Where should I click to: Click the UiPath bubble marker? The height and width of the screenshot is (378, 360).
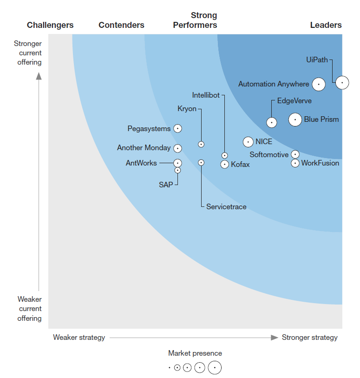(x=342, y=82)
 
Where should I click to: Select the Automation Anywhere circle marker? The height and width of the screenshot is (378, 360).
(x=319, y=84)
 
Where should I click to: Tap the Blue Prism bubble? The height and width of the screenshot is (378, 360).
(x=295, y=119)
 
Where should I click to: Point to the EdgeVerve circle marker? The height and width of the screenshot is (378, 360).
(x=272, y=122)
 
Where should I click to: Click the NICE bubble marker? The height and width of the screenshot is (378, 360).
(x=248, y=142)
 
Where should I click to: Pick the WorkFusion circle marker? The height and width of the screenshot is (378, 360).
(x=295, y=163)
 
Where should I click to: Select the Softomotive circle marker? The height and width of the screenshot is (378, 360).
(x=295, y=154)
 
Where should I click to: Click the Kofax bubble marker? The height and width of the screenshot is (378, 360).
(x=225, y=164)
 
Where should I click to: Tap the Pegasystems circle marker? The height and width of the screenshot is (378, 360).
(x=177, y=128)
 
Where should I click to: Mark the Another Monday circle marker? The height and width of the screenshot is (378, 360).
(x=177, y=148)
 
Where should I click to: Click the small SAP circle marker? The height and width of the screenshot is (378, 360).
(x=177, y=170)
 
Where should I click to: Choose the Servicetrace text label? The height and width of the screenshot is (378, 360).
(x=226, y=206)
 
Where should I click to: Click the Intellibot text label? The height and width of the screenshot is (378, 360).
(x=206, y=95)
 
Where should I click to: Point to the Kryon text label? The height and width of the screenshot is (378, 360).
(x=187, y=109)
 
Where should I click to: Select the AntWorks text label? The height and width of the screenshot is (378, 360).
(x=141, y=163)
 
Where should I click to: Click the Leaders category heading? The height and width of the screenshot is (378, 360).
(x=326, y=25)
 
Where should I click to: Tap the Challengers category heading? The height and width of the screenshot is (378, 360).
(x=50, y=25)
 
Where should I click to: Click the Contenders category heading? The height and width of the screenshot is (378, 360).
(x=121, y=25)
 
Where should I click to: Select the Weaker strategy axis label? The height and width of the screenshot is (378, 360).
(x=79, y=338)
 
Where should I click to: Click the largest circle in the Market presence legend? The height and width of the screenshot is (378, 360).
(x=215, y=367)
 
